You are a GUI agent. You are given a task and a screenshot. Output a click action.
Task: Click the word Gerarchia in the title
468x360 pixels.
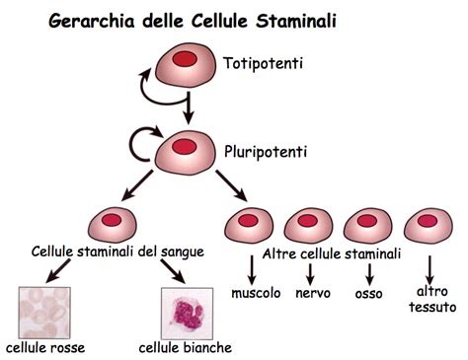pyautogui.click(x=92, y=20)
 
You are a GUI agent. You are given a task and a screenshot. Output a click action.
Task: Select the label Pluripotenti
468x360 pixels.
pyautogui.click(x=264, y=153)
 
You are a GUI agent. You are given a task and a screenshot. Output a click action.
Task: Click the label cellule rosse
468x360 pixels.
pyautogui.click(x=45, y=347)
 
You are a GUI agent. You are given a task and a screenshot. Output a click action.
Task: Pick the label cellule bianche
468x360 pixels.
pyautogui.click(x=186, y=347)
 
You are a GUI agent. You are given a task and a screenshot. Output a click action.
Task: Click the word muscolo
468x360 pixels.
pyautogui.click(x=256, y=294)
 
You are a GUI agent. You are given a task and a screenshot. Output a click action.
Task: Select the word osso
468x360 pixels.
pyautogui.click(x=368, y=294)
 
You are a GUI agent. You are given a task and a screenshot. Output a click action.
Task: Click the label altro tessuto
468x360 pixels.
pyautogui.click(x=429, y=300)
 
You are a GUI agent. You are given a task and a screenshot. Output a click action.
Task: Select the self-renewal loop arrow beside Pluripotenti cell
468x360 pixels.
pyautogui.click(x=136, y=146)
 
